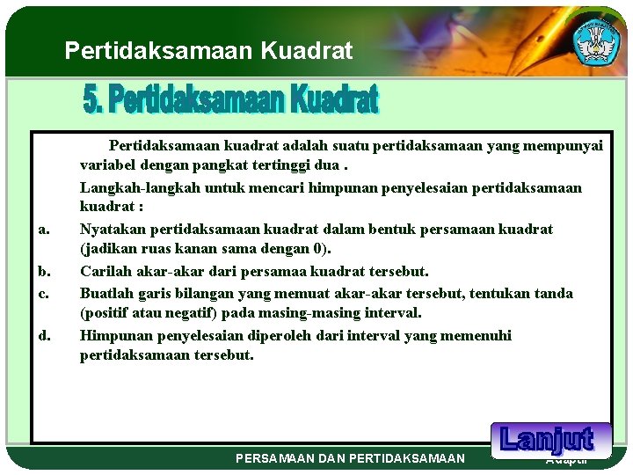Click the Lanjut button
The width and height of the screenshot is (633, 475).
(x=546, y=439)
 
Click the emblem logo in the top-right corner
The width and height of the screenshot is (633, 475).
(x=597, y=41)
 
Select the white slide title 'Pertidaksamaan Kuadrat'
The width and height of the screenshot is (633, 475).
(x=208, y=51)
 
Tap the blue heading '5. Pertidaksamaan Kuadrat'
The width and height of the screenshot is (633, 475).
(x=230, y=99)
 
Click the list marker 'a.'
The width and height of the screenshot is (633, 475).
(x=43, y=230)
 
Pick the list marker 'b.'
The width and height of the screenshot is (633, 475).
(x=43, y=272)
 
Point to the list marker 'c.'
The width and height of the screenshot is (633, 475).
(x=43, y=293)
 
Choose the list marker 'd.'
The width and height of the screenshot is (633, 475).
(x=43, y=335)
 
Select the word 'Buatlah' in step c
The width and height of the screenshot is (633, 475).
(x=105, y=293)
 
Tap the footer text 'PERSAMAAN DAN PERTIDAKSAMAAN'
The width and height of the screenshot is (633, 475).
(x=351, y=458)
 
